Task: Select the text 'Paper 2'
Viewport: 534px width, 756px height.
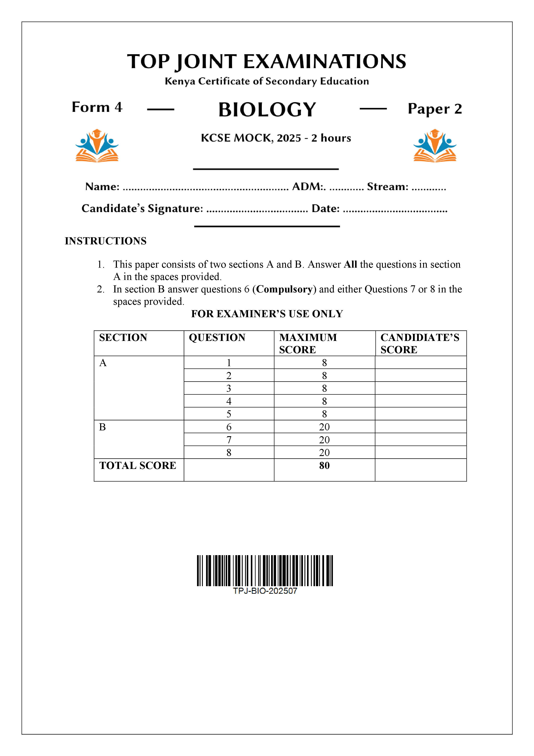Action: point(435,109)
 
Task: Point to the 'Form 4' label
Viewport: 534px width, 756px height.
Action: point(97,107)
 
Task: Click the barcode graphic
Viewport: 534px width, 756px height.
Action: point(265,571)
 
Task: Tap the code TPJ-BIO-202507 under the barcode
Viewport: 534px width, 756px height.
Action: point(265,591)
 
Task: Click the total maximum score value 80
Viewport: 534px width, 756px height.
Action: point(324,465)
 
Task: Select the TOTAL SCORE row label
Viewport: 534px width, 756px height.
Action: point(138,465)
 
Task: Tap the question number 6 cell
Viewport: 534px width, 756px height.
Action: point(229,427)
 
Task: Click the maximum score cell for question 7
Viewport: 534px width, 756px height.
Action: point(324,440)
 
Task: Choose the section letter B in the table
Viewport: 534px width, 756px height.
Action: point(102,427)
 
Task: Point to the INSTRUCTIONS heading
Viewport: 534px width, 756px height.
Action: point(106,241)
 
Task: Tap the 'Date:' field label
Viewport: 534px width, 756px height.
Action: point(325,208)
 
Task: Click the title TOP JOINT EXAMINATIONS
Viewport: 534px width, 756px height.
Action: point(267,62)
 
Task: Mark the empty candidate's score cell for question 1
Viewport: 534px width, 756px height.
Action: point(421,362)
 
